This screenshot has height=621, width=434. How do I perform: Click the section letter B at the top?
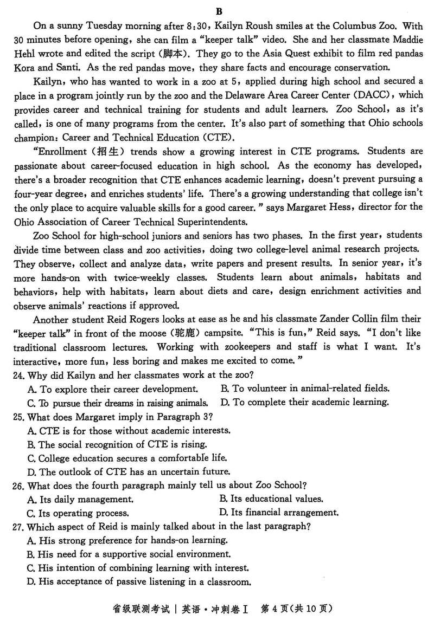219,11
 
